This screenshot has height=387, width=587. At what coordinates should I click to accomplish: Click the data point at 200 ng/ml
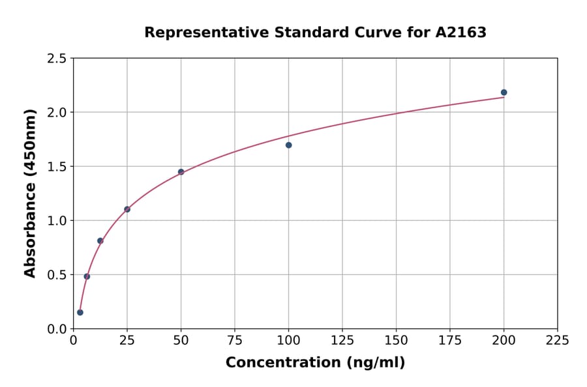504,93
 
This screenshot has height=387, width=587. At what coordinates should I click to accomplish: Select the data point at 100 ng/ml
288,145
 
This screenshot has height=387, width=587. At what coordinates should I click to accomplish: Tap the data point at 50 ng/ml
181,172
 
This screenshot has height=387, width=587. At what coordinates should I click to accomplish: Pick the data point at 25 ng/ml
127,209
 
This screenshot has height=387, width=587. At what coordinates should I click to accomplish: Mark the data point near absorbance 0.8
100,241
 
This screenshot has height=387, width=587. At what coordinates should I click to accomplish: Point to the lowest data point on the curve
80,312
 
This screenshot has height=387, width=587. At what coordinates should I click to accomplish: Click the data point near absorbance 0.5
87,276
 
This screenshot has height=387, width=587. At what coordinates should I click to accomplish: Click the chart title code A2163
460,33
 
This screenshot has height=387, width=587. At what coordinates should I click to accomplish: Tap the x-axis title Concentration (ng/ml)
315,363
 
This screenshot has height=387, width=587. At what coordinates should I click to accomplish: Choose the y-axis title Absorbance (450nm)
30,193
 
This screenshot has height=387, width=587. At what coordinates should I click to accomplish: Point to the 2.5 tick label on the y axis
56,59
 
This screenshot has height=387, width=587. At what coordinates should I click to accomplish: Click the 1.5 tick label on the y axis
56,167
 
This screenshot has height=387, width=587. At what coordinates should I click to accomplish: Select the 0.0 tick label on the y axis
56,329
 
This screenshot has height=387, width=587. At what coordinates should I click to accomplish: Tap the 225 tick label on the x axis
557,341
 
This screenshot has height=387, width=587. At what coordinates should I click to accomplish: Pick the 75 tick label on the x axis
235,341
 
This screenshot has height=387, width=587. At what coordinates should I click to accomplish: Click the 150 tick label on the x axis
396,341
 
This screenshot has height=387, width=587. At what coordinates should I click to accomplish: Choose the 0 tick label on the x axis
73,341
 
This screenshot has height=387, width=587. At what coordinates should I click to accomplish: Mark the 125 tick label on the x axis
342,341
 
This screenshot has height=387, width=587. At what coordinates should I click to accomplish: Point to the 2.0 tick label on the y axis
56,113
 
